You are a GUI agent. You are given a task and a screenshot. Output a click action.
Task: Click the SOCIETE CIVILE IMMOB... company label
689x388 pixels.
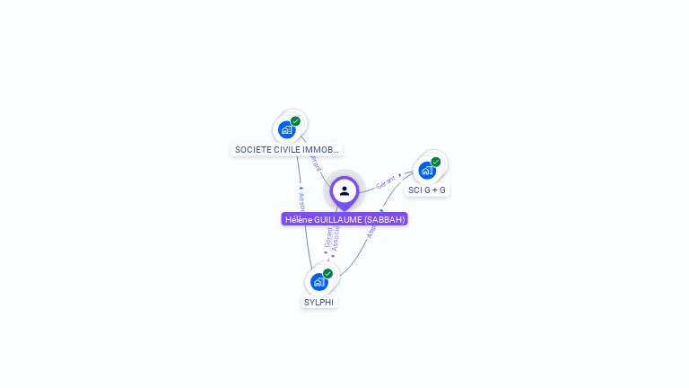[x=287, y=149]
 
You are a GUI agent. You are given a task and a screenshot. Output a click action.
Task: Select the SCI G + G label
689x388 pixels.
[x=427, y=190]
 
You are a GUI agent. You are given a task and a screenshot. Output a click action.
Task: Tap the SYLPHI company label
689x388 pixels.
[x=318, y=303]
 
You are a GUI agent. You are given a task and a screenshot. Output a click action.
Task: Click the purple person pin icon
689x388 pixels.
[x=344, y=191]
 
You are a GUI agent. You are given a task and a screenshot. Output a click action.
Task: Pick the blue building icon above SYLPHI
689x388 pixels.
[x=318, y=282]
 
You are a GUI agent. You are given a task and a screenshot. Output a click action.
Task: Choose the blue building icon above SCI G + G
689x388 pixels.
[x=427, y=170]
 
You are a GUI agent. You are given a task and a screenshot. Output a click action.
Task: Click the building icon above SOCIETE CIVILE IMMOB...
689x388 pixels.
[x=287, y=129]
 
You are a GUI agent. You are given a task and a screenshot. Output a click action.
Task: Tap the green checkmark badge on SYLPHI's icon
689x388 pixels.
[x=327, y=273]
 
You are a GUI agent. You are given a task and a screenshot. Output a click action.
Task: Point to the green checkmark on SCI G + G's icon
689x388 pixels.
[x=436, y=163]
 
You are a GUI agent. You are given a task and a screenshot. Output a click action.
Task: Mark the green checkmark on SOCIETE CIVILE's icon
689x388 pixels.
[x=295, y=121]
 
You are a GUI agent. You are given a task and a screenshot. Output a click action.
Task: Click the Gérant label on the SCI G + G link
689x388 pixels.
[x=387, y=181]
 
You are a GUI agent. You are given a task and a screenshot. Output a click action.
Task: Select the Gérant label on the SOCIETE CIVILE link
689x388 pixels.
[x=315, y=163]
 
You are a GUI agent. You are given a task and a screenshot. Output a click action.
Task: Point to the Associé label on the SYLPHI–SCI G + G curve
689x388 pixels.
[x=373, y=229]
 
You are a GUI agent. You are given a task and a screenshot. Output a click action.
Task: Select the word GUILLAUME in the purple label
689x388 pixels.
[x=340, y=219]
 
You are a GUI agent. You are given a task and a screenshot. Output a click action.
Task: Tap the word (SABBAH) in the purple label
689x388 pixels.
[x=385, y=219]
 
